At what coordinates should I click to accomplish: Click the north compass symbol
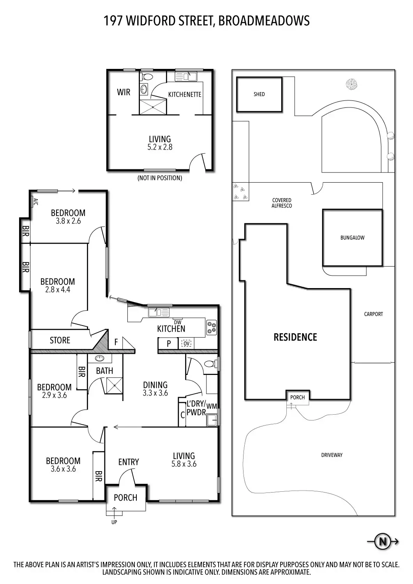[x=383, y=542]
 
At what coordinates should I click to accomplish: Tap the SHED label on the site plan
[x=259, y=94]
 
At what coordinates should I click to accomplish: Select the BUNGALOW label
[x=352, y=237]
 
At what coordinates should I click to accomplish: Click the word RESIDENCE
[x=295, y=337]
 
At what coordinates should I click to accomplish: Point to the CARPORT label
[x=373, y=314]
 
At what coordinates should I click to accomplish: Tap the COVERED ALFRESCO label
[x=282, y=203]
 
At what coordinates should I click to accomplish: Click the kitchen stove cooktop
[x=212, y=327]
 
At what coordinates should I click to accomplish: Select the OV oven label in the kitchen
[x=186, y=344]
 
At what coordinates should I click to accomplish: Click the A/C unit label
[x=36, y=202]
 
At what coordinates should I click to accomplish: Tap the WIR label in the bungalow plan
[x=124, y=92]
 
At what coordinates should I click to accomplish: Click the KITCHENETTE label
[x=185, y=94]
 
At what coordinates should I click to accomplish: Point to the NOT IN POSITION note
[x=160, y=178]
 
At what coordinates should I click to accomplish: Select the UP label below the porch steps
[x=114, y=522]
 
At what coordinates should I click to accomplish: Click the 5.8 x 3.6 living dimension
[x=184, y=464]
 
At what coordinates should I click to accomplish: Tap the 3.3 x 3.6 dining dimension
[x=155, y=393]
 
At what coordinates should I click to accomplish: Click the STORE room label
[x=60, y=340]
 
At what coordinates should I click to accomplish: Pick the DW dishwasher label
[x=177, y=322]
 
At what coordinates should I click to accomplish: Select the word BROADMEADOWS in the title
[x=264, y=21]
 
